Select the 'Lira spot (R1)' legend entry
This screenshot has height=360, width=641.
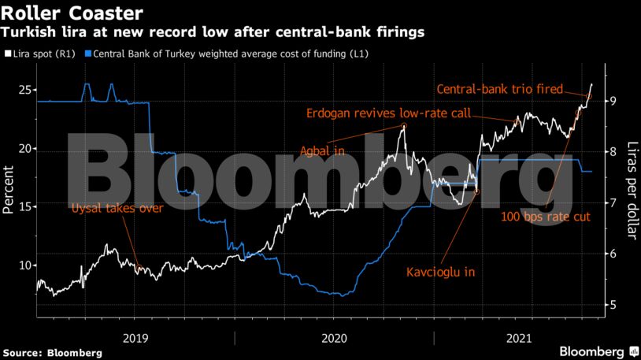point(41,54)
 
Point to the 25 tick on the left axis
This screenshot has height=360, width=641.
point(24,90)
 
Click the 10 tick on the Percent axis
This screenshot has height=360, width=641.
point(24,265)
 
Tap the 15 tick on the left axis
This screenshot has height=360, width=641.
point(24,206)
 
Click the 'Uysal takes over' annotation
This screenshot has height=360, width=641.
point(117,209)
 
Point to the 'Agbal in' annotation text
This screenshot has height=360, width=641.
point(323,150)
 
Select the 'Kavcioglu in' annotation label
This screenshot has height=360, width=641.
point(442,273)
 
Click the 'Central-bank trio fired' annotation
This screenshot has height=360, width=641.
point(500,90)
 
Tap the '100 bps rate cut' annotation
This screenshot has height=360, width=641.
point(546,216)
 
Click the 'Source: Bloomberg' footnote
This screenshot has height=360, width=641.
point(52,352)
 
